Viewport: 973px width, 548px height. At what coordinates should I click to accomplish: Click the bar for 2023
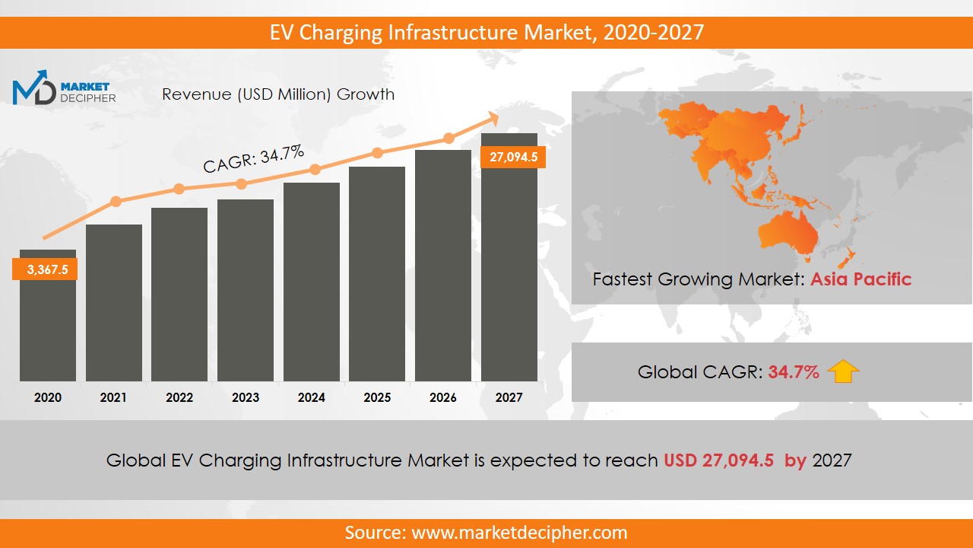pyautogui.click(x=245, y=290)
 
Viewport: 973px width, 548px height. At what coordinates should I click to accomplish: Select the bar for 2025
pyautogui.click(x=377, y=274)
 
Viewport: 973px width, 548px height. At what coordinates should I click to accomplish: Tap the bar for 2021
pyautogui.click(x=113, y=303)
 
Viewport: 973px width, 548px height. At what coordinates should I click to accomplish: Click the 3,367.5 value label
pyautogui.click(x=45, y=269)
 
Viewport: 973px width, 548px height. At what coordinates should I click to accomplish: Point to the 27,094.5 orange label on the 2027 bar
pyautogui.click(x=513, y=158)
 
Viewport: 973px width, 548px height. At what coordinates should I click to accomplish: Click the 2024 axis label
pyautogui.click(x=311, y=397)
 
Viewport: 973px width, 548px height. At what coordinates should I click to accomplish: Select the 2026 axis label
pyautogui.click(x=442, y=397)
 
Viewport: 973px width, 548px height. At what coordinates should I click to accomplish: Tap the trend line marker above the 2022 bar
pyautogui.click(x=179, y=189)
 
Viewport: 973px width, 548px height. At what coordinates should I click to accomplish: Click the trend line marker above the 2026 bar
pyautogui.click(x=448, y=139)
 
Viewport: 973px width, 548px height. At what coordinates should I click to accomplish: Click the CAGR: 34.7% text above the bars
pyautogui.click(x=253, y=159)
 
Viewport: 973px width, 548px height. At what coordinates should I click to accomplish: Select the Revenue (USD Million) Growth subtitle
pyautogui.click(x=278, y=94)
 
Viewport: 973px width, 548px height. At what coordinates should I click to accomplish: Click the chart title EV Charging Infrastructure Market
pyautogui.click(x=486, y=33)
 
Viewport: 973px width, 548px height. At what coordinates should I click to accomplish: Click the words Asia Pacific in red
pyautogui.click(x=860, y=279)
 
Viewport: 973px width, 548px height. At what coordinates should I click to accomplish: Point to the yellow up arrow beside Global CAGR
pyautogui.click(x=843, y=371)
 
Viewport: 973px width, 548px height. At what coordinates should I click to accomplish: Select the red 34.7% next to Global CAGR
pyautogui.click(x=794, y=372)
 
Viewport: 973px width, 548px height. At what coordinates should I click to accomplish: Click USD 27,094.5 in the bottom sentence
pyautogui.click(x=718, y=460)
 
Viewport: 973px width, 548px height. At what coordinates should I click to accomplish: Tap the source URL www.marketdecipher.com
pyautogui.click(x=519, y=532)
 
